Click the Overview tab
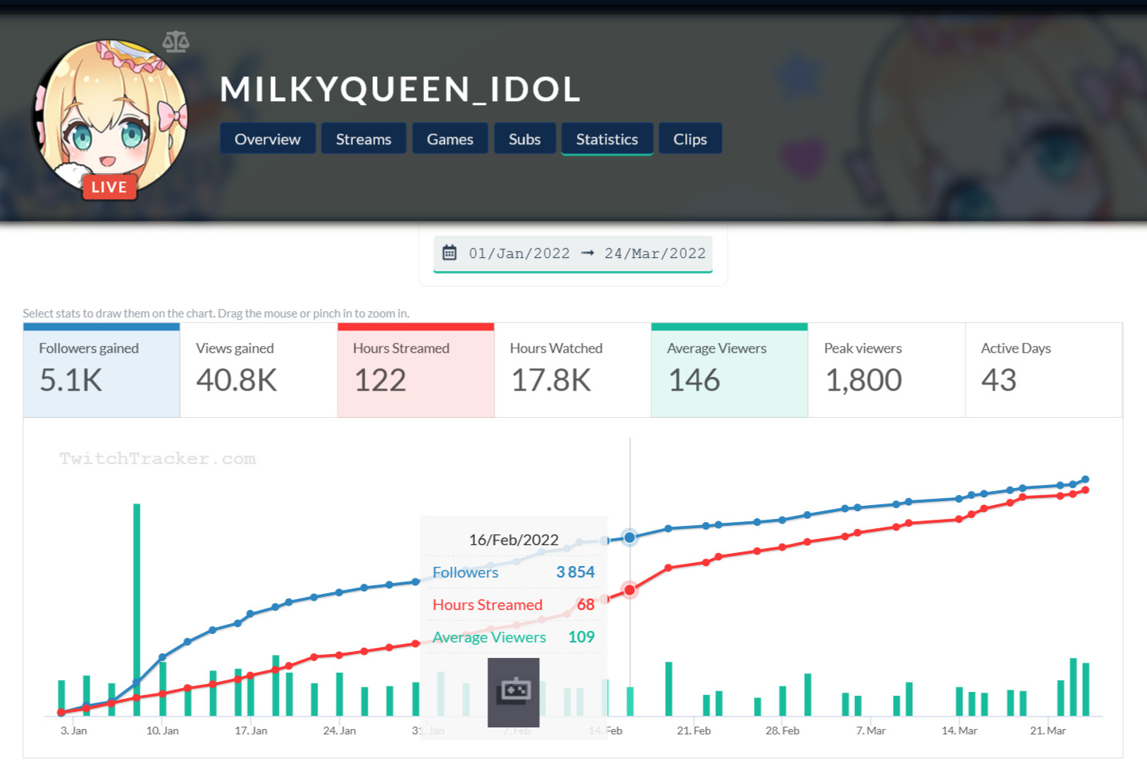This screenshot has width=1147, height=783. (267, 139)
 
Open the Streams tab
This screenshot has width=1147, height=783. (363, 139)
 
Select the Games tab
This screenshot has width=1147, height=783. (450, 139)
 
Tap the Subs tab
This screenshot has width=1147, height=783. (524, 139)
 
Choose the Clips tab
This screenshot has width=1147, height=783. (690, 139)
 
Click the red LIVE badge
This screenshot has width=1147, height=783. (109, 187)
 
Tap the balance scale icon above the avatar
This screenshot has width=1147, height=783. (176, 42)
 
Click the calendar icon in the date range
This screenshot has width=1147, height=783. (450, 253)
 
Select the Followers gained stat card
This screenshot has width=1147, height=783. (101, 371)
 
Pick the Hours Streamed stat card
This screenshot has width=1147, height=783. (416, 371)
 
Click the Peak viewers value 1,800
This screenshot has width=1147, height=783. (864, 380)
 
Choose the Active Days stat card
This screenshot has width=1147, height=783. (1043, 371)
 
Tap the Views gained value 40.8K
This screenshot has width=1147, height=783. (236, 380)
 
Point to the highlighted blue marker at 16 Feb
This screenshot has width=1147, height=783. (629, 537)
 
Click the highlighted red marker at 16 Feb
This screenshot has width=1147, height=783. (629, 590)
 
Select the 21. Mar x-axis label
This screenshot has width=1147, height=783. (1047, 730)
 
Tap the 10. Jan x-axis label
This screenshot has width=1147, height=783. (162, 730)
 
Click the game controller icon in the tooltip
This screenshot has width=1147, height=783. (514, 691)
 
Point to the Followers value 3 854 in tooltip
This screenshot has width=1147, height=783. (575, 572)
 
